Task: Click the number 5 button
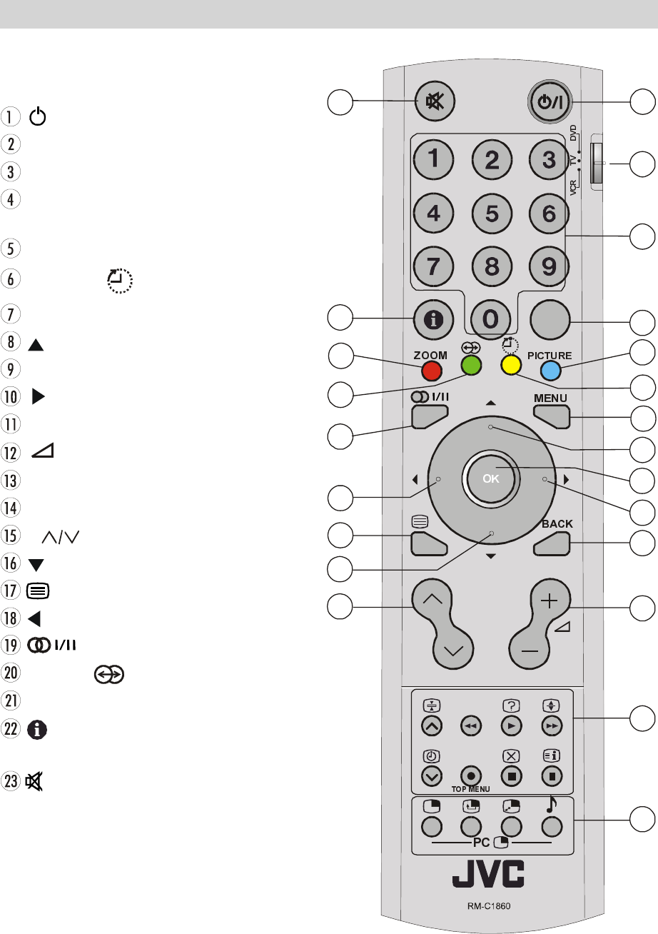(x=492, y=213)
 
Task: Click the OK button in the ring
(x=490, y=479)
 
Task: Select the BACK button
(x=552, y=543)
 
